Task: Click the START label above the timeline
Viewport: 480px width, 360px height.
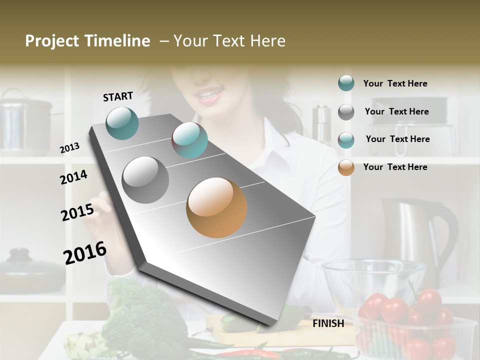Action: click(118, 96)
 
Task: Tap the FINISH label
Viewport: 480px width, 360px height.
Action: click(328, 323)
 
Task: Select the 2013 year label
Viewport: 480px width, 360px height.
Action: click(69, 148)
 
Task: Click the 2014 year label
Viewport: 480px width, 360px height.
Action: click(74, 177)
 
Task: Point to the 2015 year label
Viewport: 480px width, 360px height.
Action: click(77, 212)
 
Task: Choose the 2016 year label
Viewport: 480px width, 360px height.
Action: click(85, 253)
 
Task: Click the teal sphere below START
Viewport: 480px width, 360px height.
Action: click(122, 123)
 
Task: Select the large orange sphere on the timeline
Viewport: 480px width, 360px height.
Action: click(216, 207)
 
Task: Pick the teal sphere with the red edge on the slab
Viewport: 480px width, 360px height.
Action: click(189, 140)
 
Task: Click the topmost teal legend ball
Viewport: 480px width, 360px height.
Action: click(346, 83)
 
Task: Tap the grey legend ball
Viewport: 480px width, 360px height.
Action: click(346, 112)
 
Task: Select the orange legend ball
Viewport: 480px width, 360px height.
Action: click(346, 167)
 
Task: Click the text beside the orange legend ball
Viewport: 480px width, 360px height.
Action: click(395, 167)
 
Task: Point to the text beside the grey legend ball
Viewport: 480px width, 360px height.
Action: click(396, 111)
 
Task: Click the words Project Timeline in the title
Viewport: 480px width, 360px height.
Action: click(87, 41)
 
